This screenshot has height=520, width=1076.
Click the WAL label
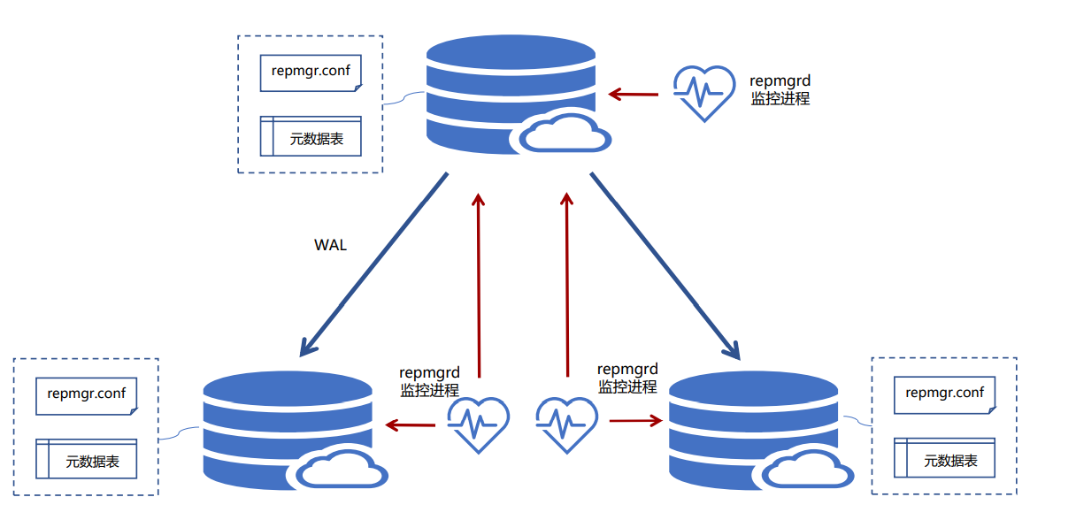331,245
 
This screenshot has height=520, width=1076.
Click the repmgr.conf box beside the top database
311,72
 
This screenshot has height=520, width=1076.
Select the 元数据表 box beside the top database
311,137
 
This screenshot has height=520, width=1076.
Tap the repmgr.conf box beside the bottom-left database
87,394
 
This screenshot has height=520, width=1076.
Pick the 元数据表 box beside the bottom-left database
87,459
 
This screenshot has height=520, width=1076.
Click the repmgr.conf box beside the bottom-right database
945,394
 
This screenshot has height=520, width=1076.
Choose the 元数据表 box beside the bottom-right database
945,459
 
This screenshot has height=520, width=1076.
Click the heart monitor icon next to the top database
703,93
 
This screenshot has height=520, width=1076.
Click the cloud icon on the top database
565,133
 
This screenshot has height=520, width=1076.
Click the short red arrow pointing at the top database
634,94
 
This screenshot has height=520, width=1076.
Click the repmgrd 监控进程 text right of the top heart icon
780,90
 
